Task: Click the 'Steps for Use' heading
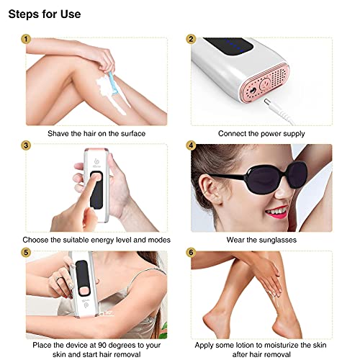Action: coord(45,14)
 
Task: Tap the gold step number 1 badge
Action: coord(26,39)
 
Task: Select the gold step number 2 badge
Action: coord(191,39)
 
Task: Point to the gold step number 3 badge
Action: coord(26,145)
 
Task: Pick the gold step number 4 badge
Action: coord(191,145)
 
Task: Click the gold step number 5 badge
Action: coord(26,253)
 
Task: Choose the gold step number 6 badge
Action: coord(191,253)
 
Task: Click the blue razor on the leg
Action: coord(113,84)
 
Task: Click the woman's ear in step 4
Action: coord(210,189)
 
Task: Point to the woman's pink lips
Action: coord(278,212)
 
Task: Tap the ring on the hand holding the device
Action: coord(59,279)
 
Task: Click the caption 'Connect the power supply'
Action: coord(261,133)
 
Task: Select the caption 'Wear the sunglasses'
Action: coord(261,240)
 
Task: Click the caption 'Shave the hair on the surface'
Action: coord(96,133)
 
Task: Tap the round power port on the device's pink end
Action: coord(252,91)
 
